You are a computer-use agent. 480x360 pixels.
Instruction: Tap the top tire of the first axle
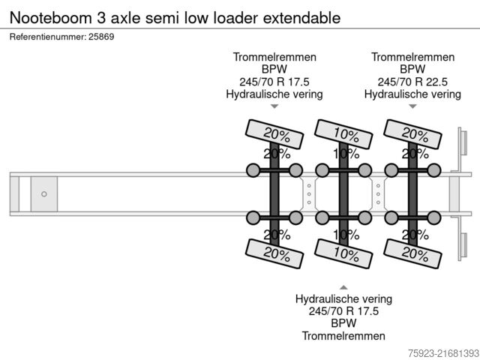pyautogui.click(x=277, y=134)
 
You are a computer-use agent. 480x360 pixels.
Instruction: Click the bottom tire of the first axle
pyautogui.click(x=277, y=254)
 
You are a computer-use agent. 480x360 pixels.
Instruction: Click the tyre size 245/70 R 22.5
pyautogui.click(x=412, y=82)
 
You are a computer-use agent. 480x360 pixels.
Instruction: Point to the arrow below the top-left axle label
pyautogui.click(x=274, y=107)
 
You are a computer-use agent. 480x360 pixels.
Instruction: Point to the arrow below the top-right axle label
pyautogui.click(x=412, y=107)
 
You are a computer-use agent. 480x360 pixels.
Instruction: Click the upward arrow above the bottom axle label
pyautogui.click(x=343, y=287)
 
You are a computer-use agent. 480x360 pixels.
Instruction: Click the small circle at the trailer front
pyautogui.click(x=44, y=194)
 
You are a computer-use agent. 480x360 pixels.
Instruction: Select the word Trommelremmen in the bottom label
pyautogui.click(x=343, y=336)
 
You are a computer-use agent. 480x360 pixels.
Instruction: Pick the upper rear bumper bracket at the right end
pyautogui.click(x=463, y=147)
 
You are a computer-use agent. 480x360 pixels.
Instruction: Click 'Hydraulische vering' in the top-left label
pyautogui.click(x=274, y=94)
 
